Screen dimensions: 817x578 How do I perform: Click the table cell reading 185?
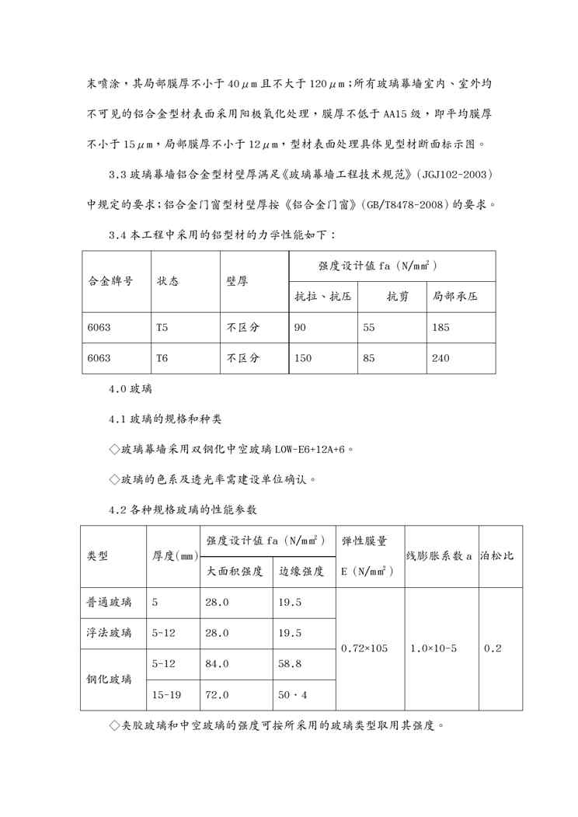click(x=440, y=328)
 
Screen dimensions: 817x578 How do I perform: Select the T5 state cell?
click(x=162, y=328)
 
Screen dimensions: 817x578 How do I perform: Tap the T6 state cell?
click(x=162, y=359)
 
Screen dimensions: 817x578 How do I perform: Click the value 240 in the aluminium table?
click(x=440, y=359)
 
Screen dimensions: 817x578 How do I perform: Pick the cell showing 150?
click(x=303, y=359)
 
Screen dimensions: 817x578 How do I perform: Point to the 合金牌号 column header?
click(x=110, y=281)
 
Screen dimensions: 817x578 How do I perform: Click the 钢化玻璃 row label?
click(x=109, y=680)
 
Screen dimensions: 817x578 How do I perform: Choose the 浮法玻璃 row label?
click(x=109, y=633)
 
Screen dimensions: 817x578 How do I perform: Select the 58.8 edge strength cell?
click(x=290, y=664)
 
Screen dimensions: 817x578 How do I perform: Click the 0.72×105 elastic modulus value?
click(x=364, y=648)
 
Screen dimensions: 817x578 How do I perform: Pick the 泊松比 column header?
click(x=499, y=556)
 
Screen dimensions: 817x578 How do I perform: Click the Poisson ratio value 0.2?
click(x=492, y=648)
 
